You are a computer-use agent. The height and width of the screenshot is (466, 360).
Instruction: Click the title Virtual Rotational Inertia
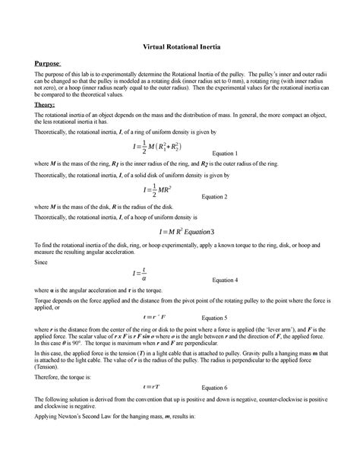click(x=180, y=46)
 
